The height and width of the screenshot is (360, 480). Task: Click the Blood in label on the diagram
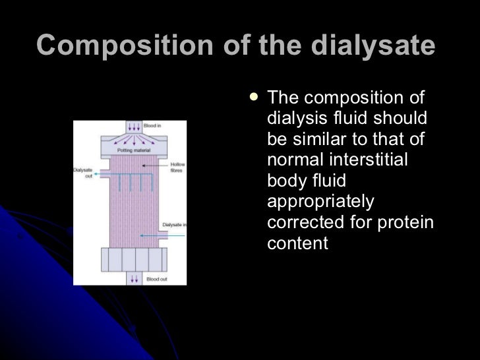pyautogui.click(x=153, y=125)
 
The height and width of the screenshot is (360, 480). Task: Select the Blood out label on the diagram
pyautogui.click(x=156, y=279)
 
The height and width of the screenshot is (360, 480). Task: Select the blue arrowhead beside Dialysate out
pyautogui.click(x=97, y=175)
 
